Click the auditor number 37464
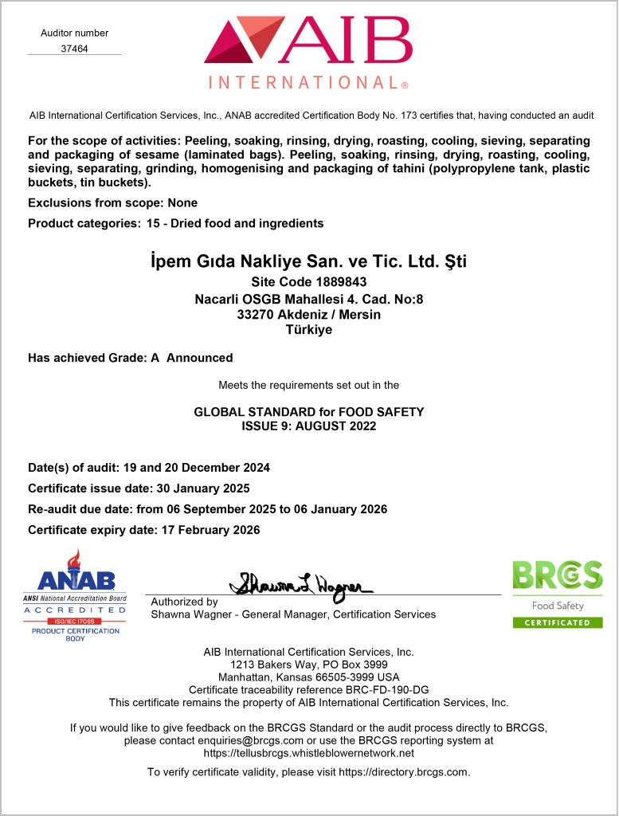tap(74, 48)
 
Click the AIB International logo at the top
tap(308, 52)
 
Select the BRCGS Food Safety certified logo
tap(557, 594)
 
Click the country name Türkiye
tap(308, 330)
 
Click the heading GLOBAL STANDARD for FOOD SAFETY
tap(309, 412)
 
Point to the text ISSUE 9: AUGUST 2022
tap(309, 426)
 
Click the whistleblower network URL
tap(309, 753)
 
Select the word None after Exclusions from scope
tap(182, 203)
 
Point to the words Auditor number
tap(74, 33)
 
